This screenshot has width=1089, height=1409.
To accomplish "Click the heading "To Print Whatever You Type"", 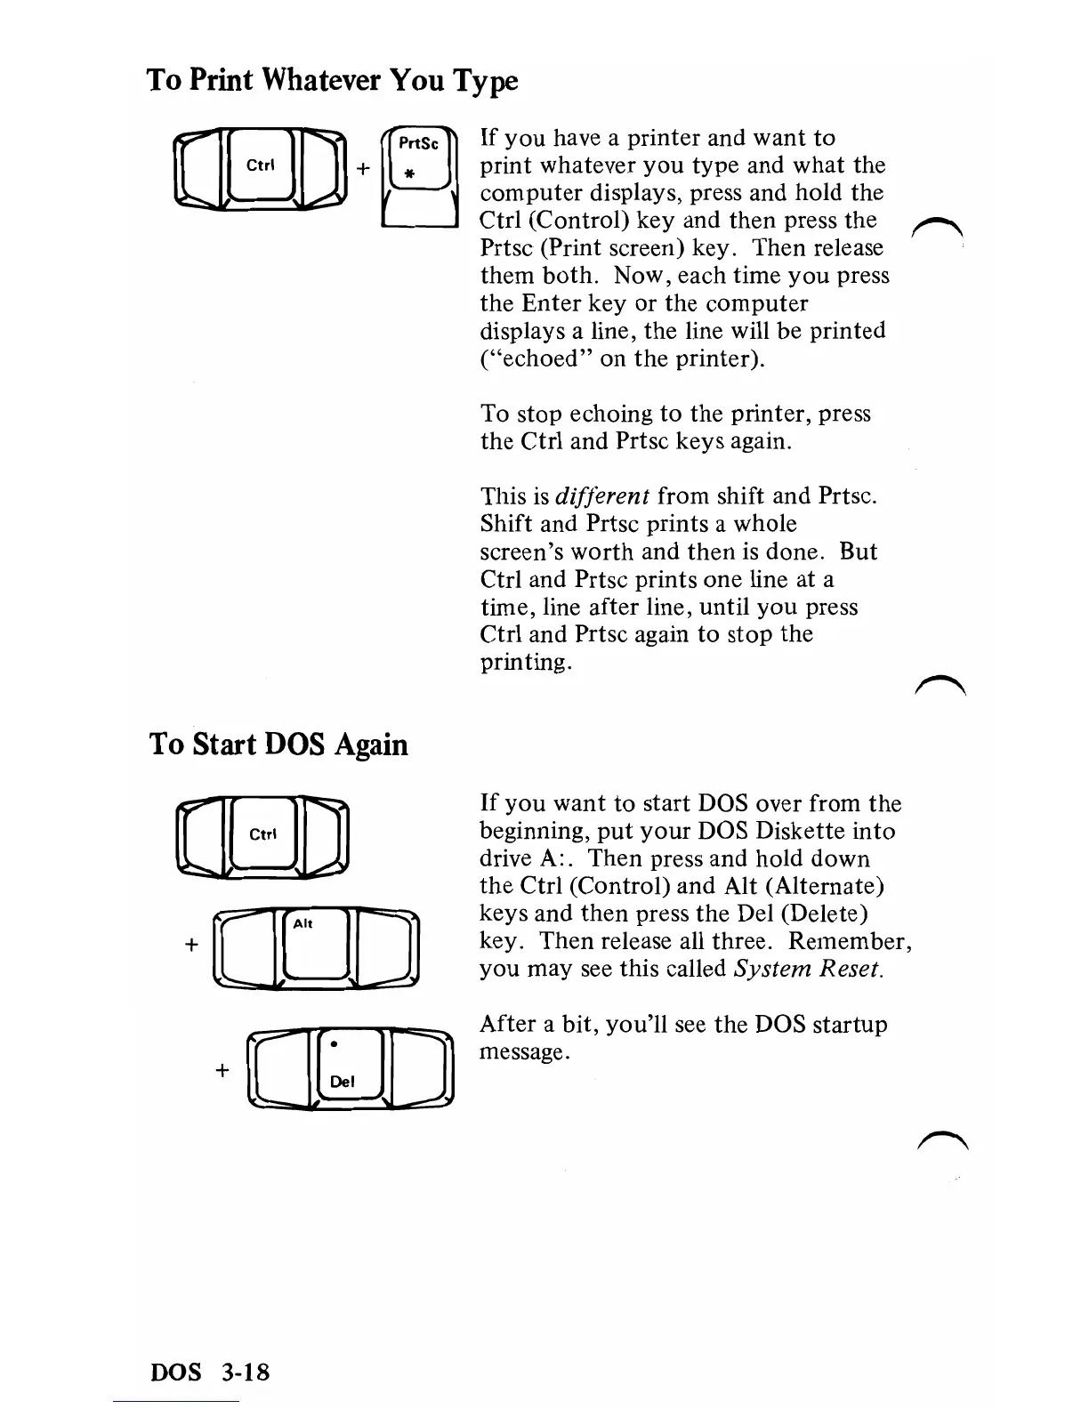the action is tap(331, 81).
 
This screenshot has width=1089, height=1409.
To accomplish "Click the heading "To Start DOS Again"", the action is tap(278, 744).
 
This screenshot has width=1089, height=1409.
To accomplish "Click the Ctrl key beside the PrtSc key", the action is tap(260, 167).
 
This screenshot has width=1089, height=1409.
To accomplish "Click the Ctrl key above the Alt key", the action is tap(262, 836).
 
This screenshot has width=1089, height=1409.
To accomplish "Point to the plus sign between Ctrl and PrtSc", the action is tap(363, 168).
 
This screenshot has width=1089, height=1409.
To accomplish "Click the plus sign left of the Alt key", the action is tap(190, 945).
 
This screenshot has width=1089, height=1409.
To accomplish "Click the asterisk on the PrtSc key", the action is tap(412, 177).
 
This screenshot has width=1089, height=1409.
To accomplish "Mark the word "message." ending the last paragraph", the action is tap(522, 1052).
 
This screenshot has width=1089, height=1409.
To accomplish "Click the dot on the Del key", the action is tap(333, 1042).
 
